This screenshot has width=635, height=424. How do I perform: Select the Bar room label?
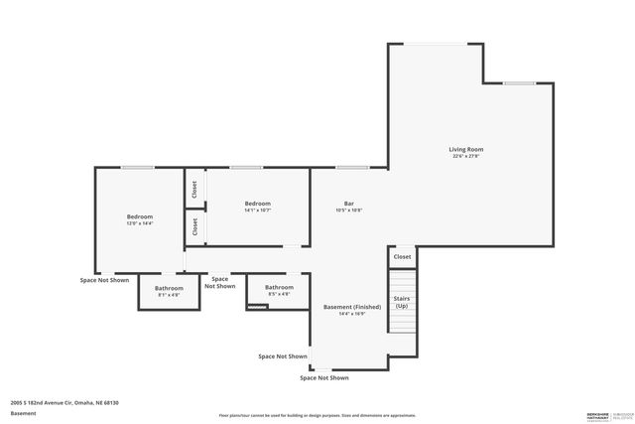click(x=348, y=203)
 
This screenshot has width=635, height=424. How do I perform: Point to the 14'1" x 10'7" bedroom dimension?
click(x=257, y=211)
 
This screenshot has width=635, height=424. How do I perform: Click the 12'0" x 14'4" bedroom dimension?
click(x=139, y=223)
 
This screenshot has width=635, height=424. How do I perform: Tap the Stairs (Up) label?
click(x=402, y=301)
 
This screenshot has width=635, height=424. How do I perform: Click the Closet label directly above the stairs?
click(x=402, y=256)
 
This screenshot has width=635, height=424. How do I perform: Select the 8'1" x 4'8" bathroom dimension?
click(x=169, y=295)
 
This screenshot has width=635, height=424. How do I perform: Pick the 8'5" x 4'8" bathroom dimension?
click(x=278, y=294)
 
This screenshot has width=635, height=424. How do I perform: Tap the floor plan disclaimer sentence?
click(x=317, y=415)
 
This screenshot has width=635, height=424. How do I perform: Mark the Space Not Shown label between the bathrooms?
click(x=219, y=283)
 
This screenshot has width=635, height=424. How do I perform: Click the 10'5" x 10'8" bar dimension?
click(x=348, y=210)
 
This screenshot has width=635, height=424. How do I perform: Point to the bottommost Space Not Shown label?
click(x=324, y=377)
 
